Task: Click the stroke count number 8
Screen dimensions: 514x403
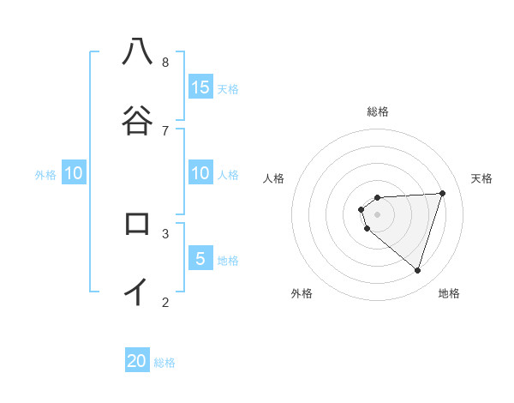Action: click(x=165, y=62)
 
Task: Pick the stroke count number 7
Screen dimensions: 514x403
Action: click(x=165, y=130)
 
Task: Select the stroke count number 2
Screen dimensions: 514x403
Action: click(x=165, y=302)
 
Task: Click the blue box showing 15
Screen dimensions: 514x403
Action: click(x=200, y=87)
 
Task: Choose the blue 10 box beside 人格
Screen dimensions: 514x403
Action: click(x=200, y=173)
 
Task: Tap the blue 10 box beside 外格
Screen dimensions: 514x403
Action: click(x=74, y=173)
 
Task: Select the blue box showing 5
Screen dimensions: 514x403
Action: click(x=200, y=259)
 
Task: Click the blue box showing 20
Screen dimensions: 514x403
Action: click(x=137, y=361)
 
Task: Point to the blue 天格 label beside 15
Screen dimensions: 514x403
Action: click(x=228, y=89)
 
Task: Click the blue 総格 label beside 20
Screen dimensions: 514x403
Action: click(x=164, y=363)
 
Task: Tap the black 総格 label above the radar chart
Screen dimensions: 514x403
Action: click(x=378, y=111)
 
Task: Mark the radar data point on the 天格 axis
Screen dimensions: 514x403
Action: click(x=443, y=193)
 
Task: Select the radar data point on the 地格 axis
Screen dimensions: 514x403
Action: click(x=417, y=271)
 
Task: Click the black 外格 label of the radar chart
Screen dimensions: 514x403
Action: click(x=302, y=293)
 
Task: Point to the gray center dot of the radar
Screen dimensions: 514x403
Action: click(x=378, y=214)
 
